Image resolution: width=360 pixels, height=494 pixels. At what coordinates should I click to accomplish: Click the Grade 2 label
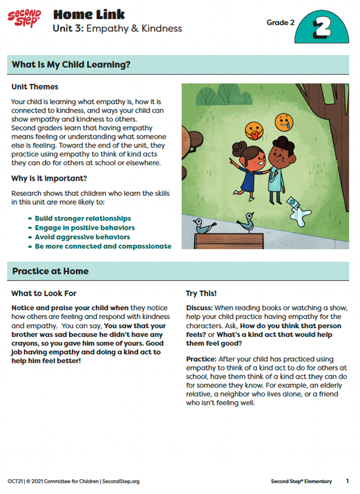(x=280, y=23)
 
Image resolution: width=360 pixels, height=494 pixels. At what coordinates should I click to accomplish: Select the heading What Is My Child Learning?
(x=71, y=65)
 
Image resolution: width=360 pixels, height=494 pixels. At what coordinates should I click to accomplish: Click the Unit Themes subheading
(x=35, y=87)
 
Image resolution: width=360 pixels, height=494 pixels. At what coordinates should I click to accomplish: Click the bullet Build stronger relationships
(x=82, y=218)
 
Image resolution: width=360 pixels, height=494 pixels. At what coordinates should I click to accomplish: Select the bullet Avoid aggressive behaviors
(x=82, y=237)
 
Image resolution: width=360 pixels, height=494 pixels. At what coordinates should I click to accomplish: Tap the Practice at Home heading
(x=50, y=271)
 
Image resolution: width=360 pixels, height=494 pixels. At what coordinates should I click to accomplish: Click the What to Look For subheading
(x=44, y=294)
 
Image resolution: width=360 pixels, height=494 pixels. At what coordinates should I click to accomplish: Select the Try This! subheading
(x=201, y=294)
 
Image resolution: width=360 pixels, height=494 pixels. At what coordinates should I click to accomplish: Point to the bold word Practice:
(x=201, y=358)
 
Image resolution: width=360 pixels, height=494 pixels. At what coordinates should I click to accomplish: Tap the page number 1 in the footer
(x=347, y=481)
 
